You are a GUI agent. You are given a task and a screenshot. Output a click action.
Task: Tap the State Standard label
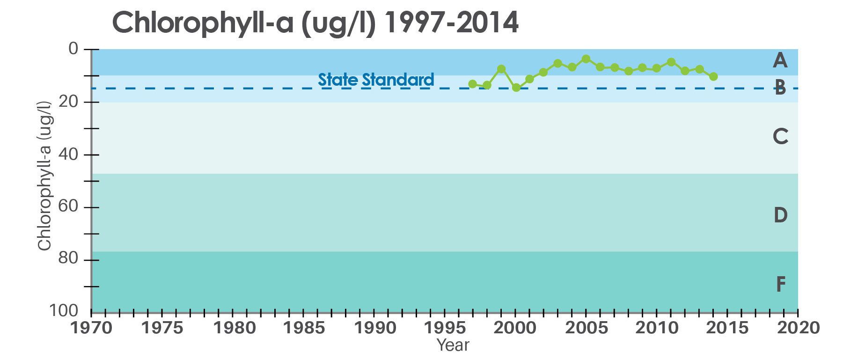click(x=376, y=80)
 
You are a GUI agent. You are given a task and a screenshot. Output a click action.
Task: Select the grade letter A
click(x=779, y=60)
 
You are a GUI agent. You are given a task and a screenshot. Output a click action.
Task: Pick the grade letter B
click(x=780, y=88)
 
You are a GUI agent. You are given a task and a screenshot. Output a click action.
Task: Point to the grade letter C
click(x=780, y=137)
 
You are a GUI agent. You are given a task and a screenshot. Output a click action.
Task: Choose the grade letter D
click(x=780, y=215)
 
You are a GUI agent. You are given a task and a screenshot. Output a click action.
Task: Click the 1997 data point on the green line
click(x=472, y=84)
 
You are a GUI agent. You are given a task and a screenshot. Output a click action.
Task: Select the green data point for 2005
click(x=586, y=59)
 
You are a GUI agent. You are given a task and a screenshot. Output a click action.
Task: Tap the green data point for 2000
click(x=516, y=87)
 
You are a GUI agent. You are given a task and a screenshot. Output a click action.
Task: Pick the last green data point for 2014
click(x=713, y=76)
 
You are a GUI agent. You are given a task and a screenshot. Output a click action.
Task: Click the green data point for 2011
click(x=671, y=62)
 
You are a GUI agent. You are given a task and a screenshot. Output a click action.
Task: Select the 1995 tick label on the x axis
click(x=444, y=328)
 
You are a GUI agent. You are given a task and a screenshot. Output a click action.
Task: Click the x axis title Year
click(x=453, y=345)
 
